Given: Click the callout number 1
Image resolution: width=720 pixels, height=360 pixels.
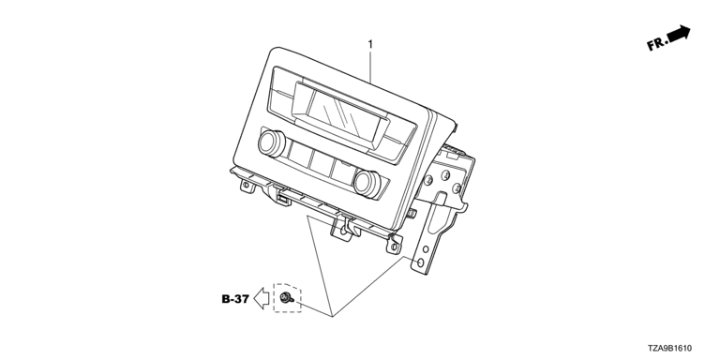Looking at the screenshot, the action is pyautogui.click(x=370, y=45).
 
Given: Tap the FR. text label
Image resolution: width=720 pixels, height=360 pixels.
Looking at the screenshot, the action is pyautogui.click(x=656, y=44).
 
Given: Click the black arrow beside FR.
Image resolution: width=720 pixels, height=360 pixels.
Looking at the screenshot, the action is pyautogui.click(x=679, y=34).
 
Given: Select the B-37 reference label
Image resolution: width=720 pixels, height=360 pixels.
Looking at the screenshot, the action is pyautogui.click(x=235, y=299).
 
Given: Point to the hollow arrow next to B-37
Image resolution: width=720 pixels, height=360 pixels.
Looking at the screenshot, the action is pyautogui.click(x=262, y=298).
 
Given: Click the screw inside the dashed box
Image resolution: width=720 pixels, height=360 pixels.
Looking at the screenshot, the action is pyautogui.click(x=287, y=298).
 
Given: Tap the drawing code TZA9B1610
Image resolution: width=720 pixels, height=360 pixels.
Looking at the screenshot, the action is pyautogui.click(x=669, y=349).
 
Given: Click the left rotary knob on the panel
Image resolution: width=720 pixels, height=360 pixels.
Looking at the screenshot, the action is pyautogui.click(x=272, y=142).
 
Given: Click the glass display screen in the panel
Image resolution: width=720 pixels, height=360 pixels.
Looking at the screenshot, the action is pyautogui.click(x=338, y=115).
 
